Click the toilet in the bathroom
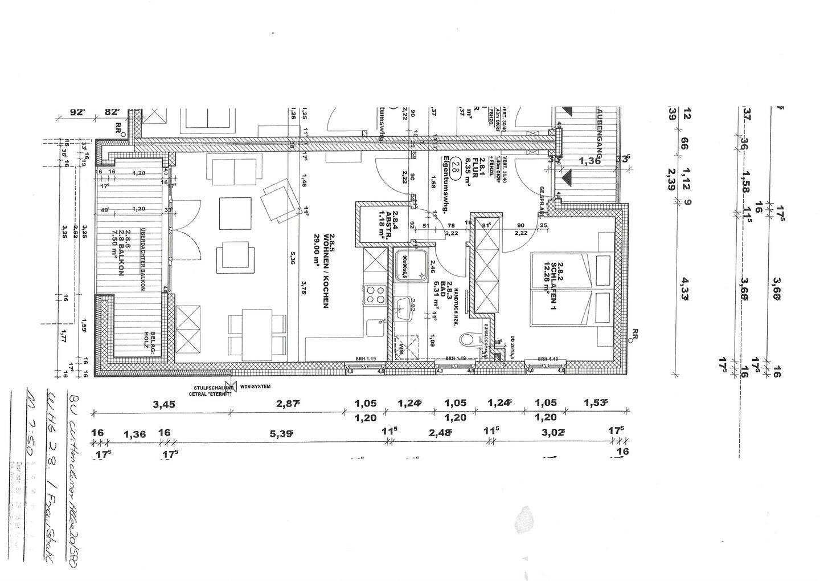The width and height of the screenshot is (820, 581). pyautogui.click(x=468, y=340)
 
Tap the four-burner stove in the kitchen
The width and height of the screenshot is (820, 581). pyautogui.click(x=375, y=294)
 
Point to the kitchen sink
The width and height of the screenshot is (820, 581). pyautogui.click(x=375, y=330)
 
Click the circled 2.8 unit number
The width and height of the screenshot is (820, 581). pyautogui.click(x=455, y=167)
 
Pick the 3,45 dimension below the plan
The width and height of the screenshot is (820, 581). pyautogui.click(x=163, y=404)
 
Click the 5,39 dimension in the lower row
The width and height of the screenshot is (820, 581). pyautogui.click(x=282, y=433)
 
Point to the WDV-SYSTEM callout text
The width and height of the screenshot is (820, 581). pyautogui.click(x=255, y=387)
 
